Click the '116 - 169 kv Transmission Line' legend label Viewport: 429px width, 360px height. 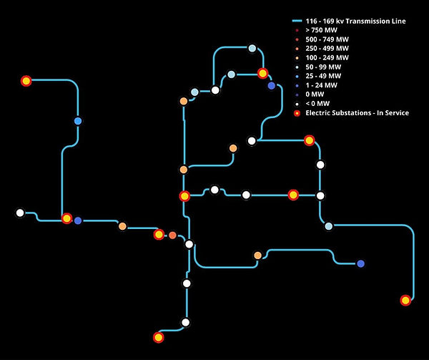point(355,21)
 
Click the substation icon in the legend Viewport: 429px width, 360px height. point(297,113)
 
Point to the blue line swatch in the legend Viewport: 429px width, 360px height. point(297,21)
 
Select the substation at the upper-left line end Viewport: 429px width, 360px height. point(26,81)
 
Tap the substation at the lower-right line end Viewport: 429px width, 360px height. point(406,300)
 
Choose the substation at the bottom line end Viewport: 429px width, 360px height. point(159,337)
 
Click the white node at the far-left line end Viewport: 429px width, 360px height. point(20,213)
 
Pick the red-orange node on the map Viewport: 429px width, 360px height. point(172,235)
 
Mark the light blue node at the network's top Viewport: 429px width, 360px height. point(252,48)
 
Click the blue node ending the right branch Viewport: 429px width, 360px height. point(360,263)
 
